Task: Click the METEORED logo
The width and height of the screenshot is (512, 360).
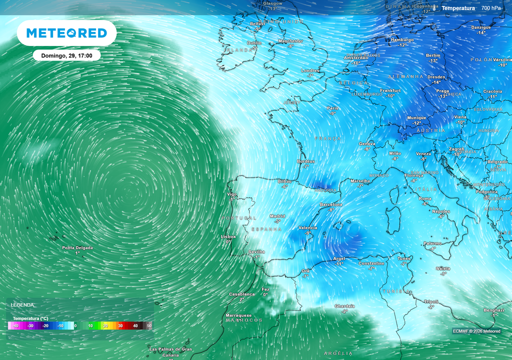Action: tap(66, 33)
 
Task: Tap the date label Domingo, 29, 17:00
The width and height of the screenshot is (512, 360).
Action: tap(66, 55)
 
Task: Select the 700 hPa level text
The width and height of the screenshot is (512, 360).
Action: tap(491, 8)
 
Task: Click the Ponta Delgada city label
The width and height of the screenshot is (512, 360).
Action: tap(77, 247)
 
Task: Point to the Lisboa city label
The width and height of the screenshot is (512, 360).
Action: tap(228, 236)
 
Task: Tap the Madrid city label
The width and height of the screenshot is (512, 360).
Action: tap(277, 216)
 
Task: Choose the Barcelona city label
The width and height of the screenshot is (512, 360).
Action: tap(331, 204)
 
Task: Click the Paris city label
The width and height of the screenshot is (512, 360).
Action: tap(332, 108)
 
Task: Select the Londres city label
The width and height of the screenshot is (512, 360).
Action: tap(310, 70)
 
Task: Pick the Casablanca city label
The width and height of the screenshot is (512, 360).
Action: tap(242, 294)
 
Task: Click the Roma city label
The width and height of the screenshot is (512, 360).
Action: tap(425, 198)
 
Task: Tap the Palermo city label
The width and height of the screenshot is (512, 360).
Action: tap(432, 243)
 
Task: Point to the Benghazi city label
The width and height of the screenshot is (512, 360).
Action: tap(494, 310)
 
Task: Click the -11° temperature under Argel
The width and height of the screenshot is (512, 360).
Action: tap(339, 263)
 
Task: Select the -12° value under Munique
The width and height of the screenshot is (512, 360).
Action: tap(416, 123)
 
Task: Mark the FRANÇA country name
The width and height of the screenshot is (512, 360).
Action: tap(328, 138)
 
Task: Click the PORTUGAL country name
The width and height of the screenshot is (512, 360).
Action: tap(239, 218)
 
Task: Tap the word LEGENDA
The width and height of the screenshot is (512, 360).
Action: tap(22, 304)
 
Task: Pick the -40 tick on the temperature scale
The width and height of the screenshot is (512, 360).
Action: tap(15, 326)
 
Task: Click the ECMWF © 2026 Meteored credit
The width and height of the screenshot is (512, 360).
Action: tap(476, 331)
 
